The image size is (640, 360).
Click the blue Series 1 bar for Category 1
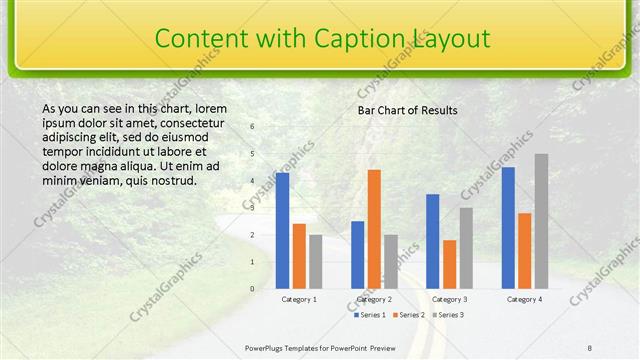click(x=283, y=231)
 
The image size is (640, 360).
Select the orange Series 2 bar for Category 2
click(x=374, y=229)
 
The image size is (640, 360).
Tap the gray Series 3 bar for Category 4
click(x=541, y=221)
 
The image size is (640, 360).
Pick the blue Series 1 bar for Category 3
click(x=433, y=241)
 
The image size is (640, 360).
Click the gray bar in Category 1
click(x=316, y=262)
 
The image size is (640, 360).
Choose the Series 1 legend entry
click(x=370, y=315)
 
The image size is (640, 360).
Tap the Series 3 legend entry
click(x=450, y=315)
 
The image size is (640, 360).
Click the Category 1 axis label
click(x=299, y=299)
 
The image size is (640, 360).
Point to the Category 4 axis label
click(x=524, y=299)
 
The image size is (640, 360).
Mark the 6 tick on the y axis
click(x=252, y=127)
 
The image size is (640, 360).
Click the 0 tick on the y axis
click(x=252, y=289)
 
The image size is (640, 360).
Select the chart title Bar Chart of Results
click(x=408, y=110)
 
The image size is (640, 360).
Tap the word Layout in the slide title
click(x=453, y=38)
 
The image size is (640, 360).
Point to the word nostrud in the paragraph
click(x=171, y=181)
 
